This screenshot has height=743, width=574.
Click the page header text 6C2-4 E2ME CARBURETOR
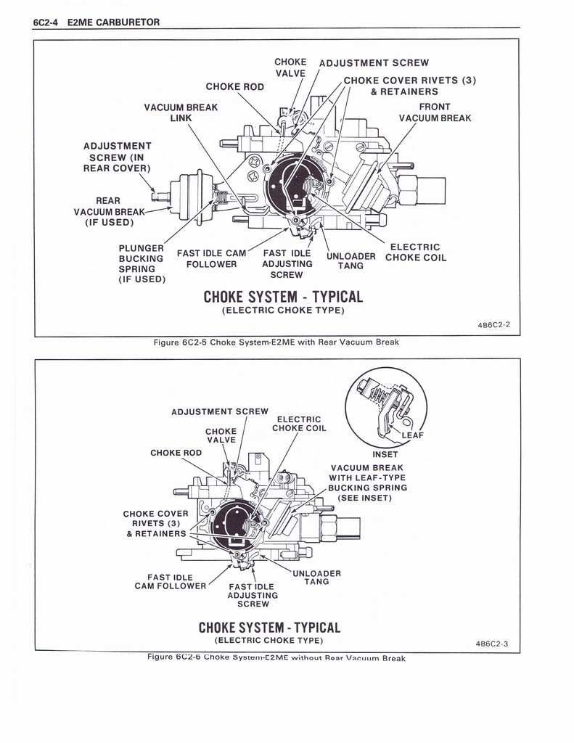tap(96, 22)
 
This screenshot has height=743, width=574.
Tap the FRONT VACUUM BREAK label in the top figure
tap(434, 112)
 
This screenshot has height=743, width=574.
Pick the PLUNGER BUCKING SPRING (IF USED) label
tap(142, 263)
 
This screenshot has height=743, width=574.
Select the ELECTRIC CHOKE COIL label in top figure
tap(415, 253)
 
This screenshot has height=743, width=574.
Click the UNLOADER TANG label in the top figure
tap(351, 260)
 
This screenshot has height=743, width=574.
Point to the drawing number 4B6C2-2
tap(493, 324)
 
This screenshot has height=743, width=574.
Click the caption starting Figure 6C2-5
tap(276, 342)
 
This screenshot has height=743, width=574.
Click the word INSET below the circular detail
tap(385, 455)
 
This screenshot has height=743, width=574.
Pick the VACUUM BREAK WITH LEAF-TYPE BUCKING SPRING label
tap(367, 483)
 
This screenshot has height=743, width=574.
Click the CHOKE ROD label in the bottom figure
tap(176, 453)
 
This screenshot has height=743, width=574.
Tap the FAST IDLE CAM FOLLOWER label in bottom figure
tap(171, 582)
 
